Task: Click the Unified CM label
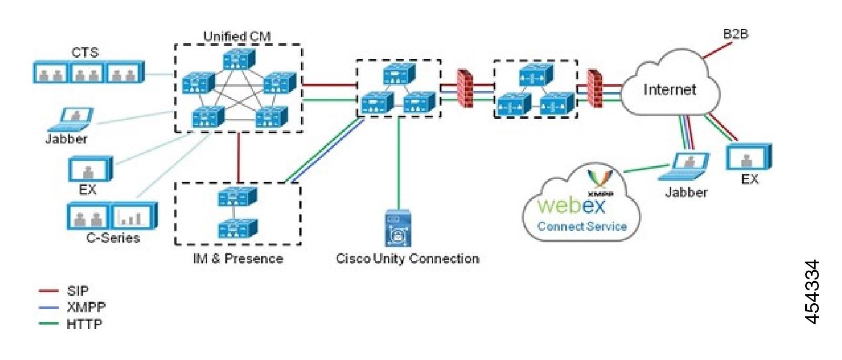pos(237,36)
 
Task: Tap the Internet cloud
pos(670,89)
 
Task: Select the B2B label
pos(735,34)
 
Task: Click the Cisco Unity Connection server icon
pos(398,228)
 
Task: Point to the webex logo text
pos(571,205)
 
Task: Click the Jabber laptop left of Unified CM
pos(72,119)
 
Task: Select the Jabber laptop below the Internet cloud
pos(687,167)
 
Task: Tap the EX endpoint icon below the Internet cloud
pos(748,157)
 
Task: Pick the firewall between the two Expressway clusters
pos(465,88)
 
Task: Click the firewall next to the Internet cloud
pos(594,88)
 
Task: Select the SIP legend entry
pos(77,291)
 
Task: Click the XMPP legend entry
pos(86,307)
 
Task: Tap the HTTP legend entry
pos(84,324)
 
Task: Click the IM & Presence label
pos(237,259)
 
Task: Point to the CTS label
pos(85,53)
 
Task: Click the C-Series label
pos(112,238)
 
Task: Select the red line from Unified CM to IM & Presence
pos(238,157)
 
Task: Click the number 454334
pos(812,292)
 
